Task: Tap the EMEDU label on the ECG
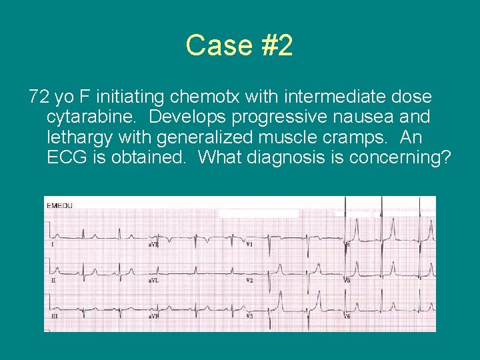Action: click(x=59, y=206)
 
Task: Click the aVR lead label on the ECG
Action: click(x=154, y=245)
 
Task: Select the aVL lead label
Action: click(x=154, y=280)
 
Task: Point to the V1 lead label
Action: click(x=249, y=245)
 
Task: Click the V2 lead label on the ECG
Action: click(x=249, y=280)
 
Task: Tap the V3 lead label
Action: click(x=249, y=315)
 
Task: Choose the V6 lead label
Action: click(x=347, y=315)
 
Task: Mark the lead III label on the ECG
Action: click(x=54, y=315)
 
